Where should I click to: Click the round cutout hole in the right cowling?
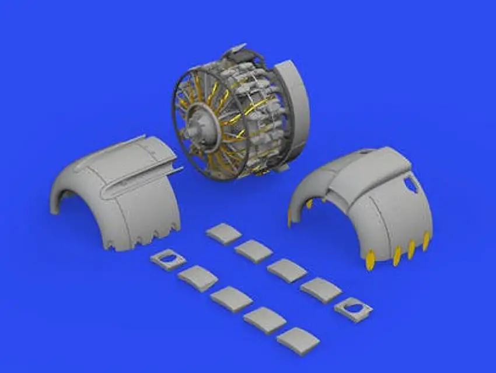coord(410,185)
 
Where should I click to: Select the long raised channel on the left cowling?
coord(140,175)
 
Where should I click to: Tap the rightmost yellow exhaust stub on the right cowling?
coord(426,240)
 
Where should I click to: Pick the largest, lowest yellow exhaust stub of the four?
coord(370,260)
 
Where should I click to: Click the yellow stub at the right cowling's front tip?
coord(289,217)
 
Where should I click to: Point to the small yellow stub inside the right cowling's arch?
coord(309,203)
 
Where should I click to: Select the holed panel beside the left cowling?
coord(167,259)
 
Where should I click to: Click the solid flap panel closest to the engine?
coord(223,233)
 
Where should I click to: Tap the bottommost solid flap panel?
coord(298,341)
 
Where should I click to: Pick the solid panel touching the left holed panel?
coord(198,278)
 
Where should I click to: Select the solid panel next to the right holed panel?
coord(321,289)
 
